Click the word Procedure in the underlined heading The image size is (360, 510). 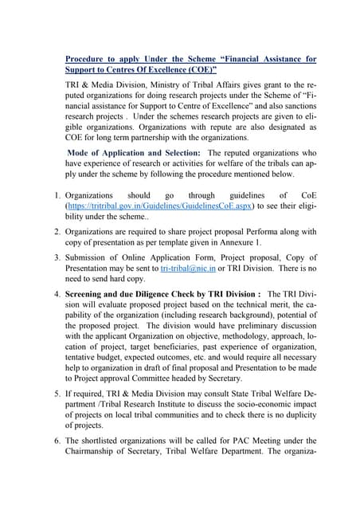(x=87, y=59)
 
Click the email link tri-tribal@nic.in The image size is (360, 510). (x=188, y=269)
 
